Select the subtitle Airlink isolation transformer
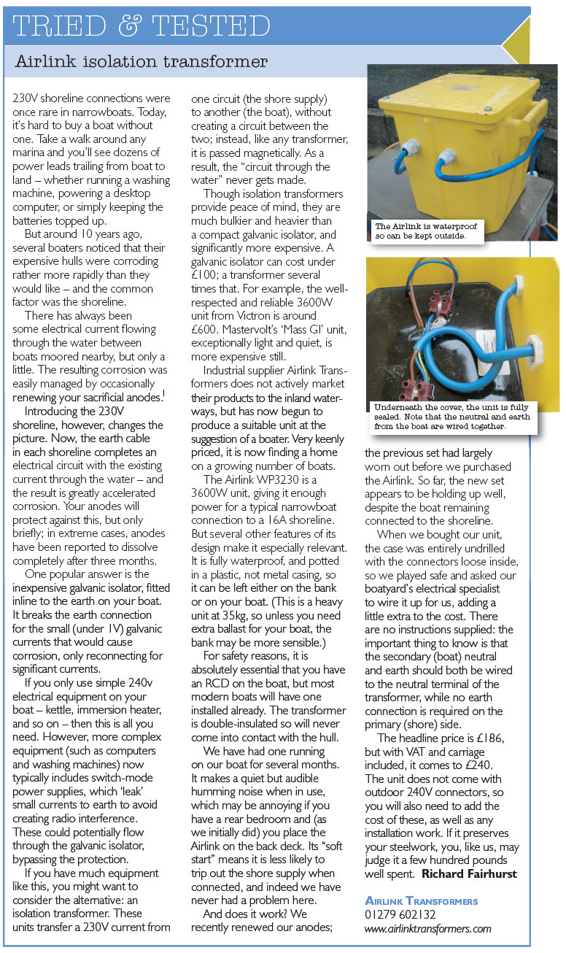coord(141,63)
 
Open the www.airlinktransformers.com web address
coord(428,929)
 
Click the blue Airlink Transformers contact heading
coord(421,900)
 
